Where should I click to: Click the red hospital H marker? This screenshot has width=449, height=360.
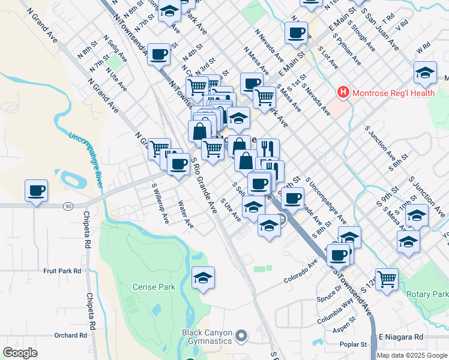pos(343,92)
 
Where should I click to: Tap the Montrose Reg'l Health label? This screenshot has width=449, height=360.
pos(393,92)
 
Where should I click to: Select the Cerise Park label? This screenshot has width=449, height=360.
pos(154,287)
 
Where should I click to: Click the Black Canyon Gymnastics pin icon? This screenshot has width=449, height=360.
pos(241,336)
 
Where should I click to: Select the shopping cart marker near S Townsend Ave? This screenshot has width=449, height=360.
pos(387,278)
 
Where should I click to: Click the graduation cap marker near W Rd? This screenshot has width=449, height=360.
pos(425,73)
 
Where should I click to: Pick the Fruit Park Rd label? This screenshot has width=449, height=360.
pos(62,271)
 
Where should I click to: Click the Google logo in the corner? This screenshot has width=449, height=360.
pos(20,352)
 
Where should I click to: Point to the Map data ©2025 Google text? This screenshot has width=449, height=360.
pos(412,355)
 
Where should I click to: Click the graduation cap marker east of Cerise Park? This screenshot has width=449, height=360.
pos(203,278)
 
